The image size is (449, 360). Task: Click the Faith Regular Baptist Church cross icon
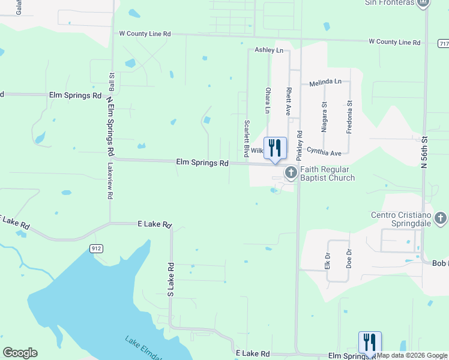(x=291, y=173)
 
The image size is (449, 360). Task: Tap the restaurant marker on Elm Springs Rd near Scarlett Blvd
(x=275, y=148)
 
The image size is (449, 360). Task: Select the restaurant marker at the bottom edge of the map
(x=370, y=343)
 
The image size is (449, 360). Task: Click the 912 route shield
(x=96, y=248)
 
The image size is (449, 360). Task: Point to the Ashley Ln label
(x=268, y=50)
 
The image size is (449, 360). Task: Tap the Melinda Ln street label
(x=325, y=81)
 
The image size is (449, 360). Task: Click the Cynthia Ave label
(x=324, y=152)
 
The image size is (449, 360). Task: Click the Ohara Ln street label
(x=268, y=100)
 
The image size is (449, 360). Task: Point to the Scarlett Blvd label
(x=247, y=135)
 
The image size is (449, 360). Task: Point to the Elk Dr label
(x=328, y=256)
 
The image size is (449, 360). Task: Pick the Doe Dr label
(x=349, y=256)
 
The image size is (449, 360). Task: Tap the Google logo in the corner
(x=20, y=353)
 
